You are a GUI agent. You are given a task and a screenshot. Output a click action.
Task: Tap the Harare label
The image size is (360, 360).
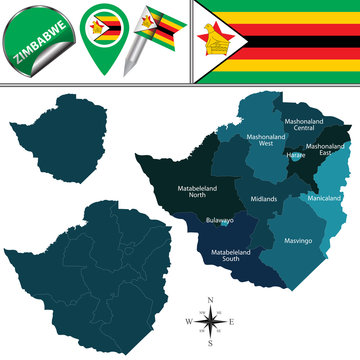(x=296, y=156)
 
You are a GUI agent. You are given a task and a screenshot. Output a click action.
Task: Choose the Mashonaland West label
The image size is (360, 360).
(x=265, y=140)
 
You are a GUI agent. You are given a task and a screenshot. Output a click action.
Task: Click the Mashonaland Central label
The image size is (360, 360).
(x=305, y=125)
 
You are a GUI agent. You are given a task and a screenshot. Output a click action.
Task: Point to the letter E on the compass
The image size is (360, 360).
(x=231, y=321)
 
